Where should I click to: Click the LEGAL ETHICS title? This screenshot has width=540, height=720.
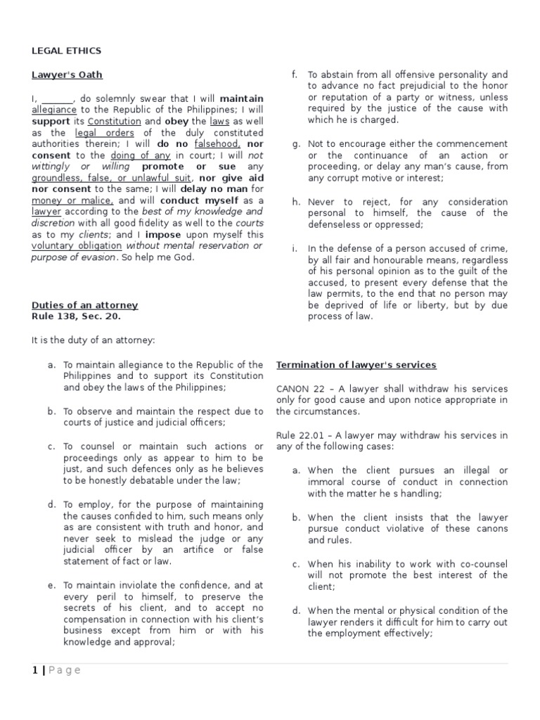pyautogui.click(x=66, y=51)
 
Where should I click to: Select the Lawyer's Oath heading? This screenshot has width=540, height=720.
pyautogui.click(x=67, y=75)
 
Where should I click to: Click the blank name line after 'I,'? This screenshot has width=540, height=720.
pyautogui.click(x=56, y=98)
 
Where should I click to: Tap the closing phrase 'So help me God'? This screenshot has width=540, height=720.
pyautogui.click(x=153, y=257)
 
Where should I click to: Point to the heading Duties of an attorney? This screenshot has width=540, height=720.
pyautogui.click(x=84, y=305)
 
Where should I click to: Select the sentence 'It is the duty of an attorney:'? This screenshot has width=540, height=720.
pyautogui.click(x=93, y=340)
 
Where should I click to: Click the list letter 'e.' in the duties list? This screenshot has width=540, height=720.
pyautogui.click(x=50, y=585)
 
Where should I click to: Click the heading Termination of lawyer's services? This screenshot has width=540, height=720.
pyautogui.click(x=356, y=365)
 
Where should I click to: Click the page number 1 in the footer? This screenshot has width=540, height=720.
pyautogui.click(x=34, y=670)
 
